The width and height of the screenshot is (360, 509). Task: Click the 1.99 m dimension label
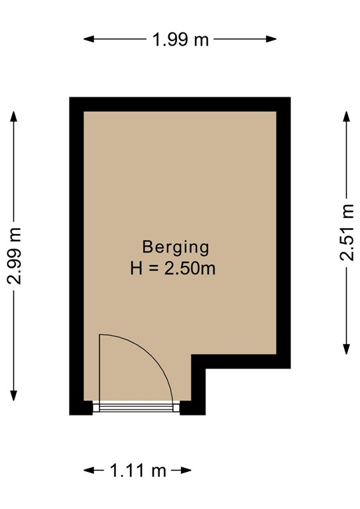click(180, 40)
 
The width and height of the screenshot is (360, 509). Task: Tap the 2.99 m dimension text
click(15, 256)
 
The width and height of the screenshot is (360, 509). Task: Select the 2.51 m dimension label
click(347, 233)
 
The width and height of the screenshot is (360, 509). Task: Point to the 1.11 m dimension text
click(138, 471)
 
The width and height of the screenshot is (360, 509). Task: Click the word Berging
click(175, 247)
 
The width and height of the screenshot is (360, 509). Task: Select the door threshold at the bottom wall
click(136, 406)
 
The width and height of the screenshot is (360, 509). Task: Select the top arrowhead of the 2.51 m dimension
click(347, 117)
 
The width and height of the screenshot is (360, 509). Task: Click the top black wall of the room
click(180, 104)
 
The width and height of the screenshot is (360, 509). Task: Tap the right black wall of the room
click(284, 232)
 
